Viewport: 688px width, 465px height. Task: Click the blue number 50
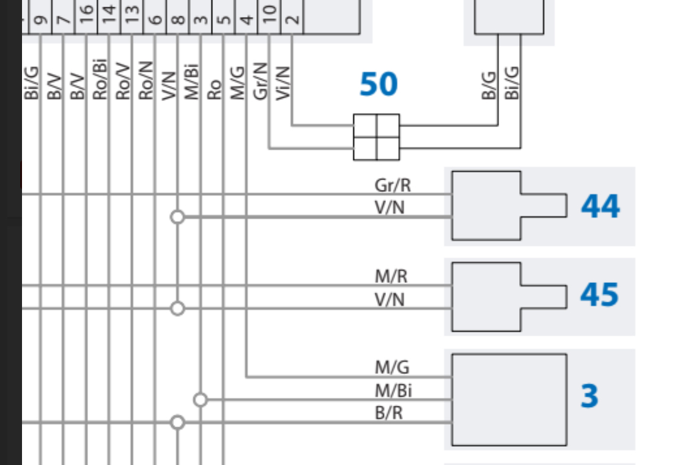tap(379, 84)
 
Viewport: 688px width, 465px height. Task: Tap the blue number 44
tap(600, 207)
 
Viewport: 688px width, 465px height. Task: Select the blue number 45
tap(599, 295)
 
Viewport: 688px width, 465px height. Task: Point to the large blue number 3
tap(589, 396)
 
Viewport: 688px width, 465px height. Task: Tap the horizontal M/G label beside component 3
tap(392, 368)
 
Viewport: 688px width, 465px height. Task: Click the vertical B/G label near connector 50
tap(489, 83)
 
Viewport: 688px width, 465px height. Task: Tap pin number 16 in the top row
tap(86, 10)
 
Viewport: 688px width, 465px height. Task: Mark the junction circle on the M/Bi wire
tap(200, 400)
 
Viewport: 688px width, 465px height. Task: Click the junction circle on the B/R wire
tap(177, 422)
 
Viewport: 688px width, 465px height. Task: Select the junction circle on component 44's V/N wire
tap(177, 217)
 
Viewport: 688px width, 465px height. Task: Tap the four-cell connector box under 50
tap(376, 137)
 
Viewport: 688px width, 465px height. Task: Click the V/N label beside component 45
tap(390, 299)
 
